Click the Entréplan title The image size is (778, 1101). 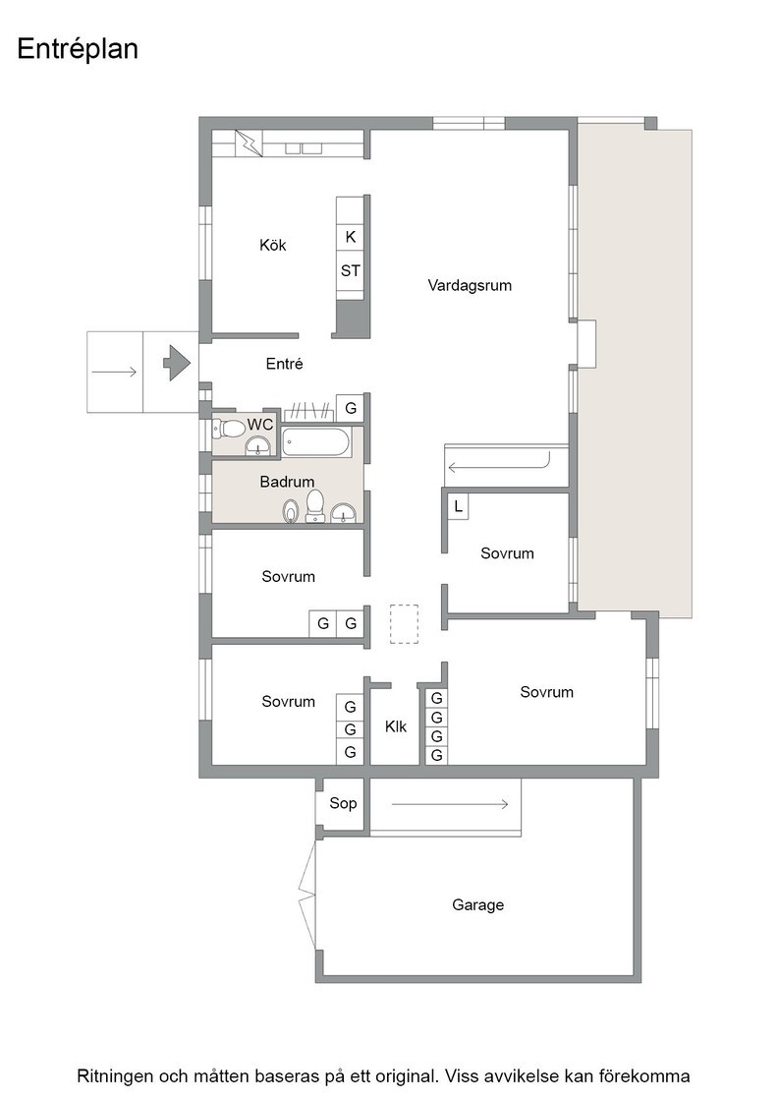click(78, 49)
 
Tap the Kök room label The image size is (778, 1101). click(273, 245)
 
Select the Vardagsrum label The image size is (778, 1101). click(470, 286)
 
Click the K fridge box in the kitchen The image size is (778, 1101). click(350, 237)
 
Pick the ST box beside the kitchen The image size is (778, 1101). click(350, 270)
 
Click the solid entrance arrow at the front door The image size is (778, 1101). click(177, 363)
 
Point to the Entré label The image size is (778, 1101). click(284, 364)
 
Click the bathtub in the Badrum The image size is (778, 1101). click(315, 443)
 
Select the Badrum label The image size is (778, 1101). click(287, 482)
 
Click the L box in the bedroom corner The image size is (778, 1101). click(458, 505)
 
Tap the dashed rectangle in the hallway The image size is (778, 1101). click(404, 624)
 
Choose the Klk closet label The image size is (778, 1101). click(396, 726)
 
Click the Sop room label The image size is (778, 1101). click(343, 803)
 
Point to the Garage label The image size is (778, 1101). click(477, 905)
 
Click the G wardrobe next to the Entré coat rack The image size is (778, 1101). click(350, 408)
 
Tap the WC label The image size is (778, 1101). click(260, 425)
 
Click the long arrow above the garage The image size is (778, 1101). click(450, 804)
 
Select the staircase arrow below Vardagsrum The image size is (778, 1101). click(498, 465)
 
